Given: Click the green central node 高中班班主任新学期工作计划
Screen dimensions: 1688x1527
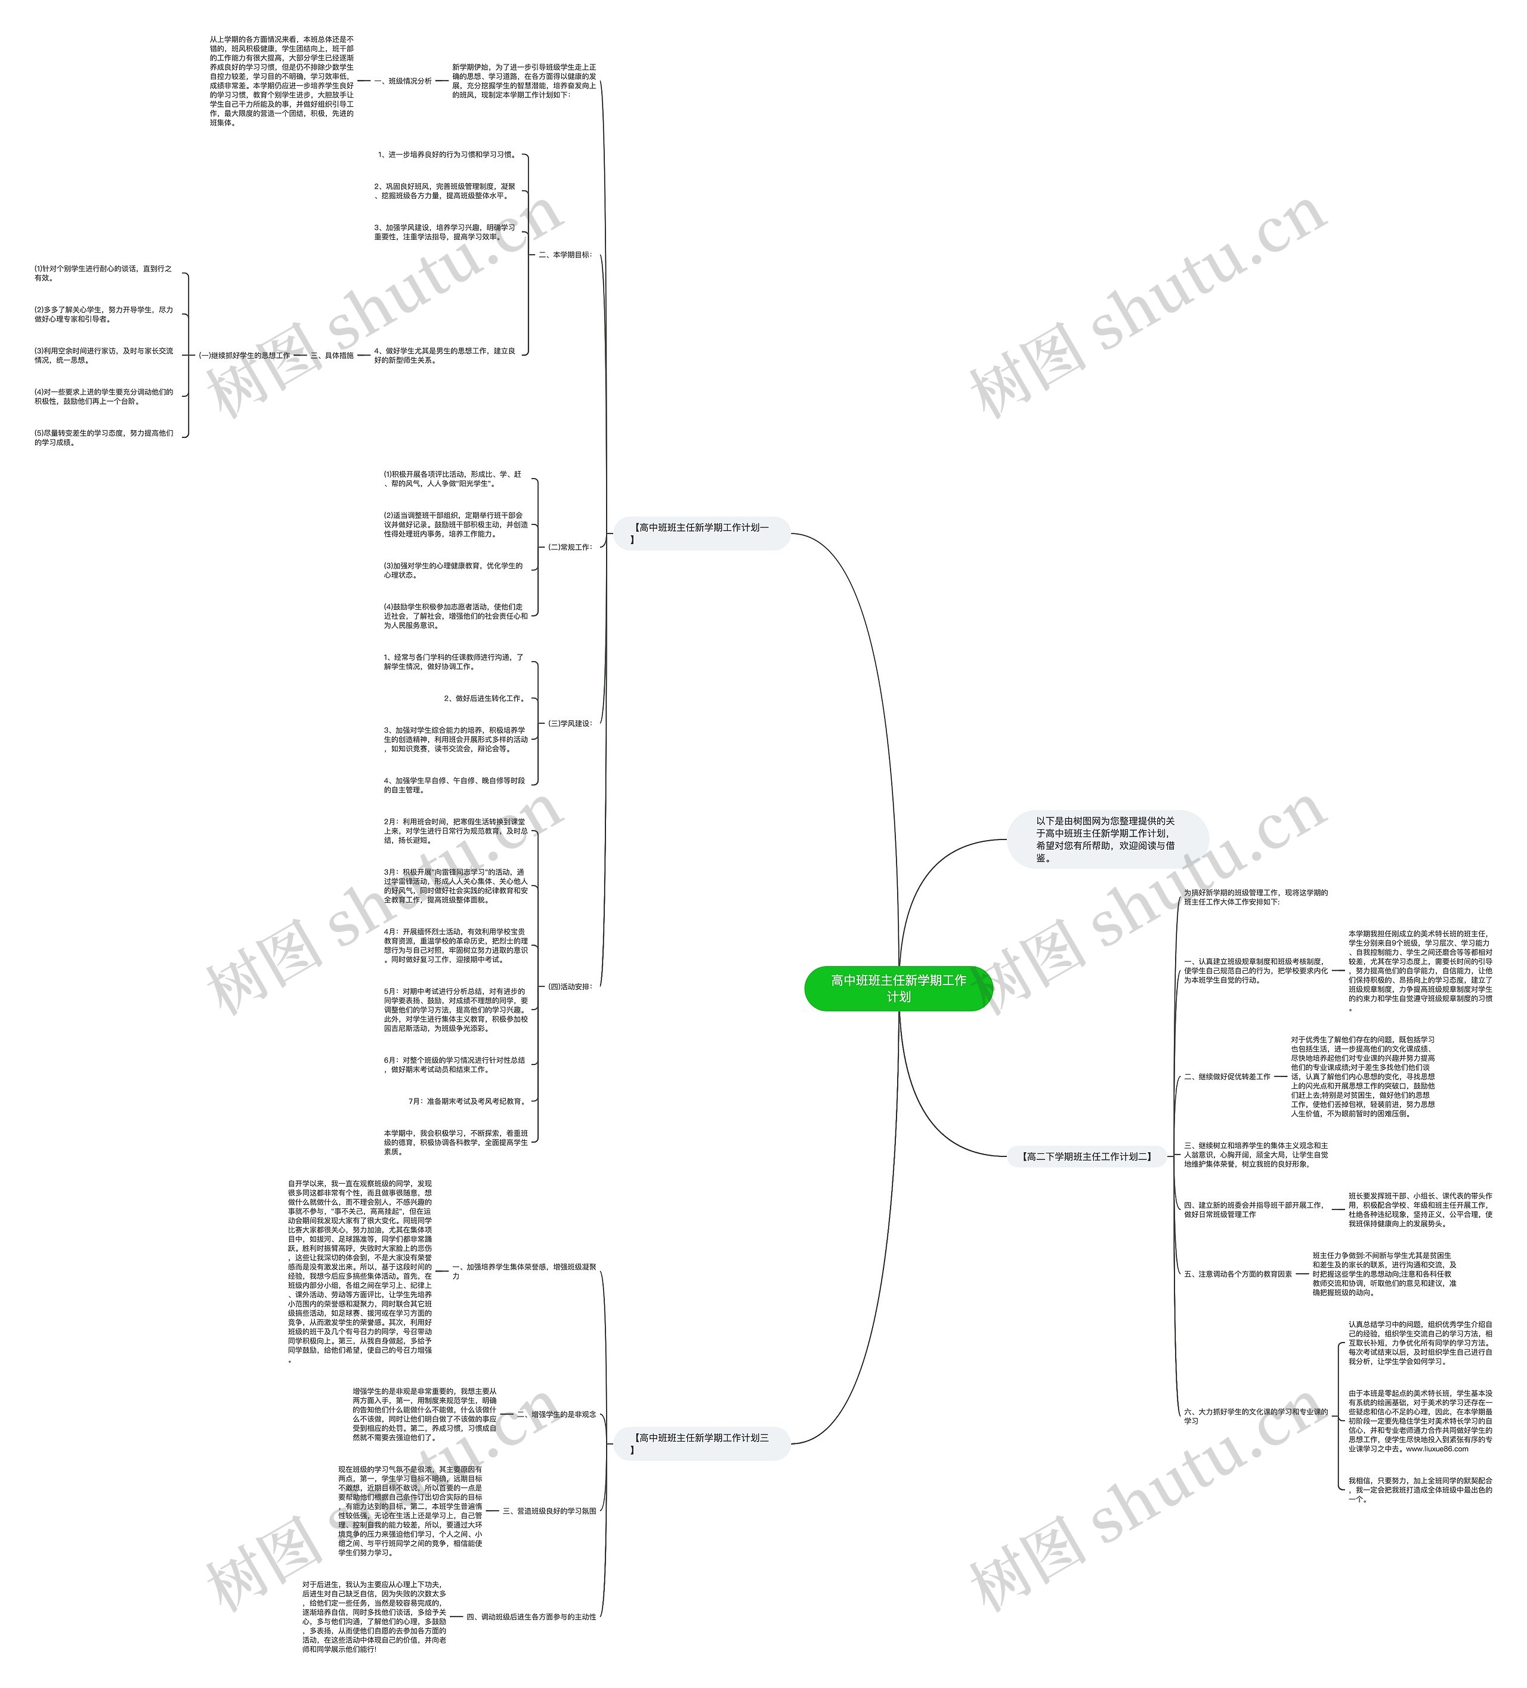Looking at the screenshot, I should coord(898,988).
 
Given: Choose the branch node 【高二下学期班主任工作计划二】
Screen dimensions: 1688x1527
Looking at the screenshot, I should coord(1087,1156).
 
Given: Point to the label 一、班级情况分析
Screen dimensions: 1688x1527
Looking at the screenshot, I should coord(403,81).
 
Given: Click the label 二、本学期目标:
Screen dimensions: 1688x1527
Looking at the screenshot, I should coord(564,255).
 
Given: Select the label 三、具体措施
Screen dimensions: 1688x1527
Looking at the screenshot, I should coord(332,355).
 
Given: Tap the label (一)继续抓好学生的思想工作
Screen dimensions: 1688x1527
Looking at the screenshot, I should coord(243,355).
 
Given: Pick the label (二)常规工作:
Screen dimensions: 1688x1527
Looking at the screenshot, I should coord(569,547).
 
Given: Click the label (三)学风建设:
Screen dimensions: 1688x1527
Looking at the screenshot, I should coord(569,723).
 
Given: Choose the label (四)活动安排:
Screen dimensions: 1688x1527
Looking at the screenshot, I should coord(569,986).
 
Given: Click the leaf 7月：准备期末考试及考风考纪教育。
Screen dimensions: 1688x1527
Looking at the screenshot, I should coord(467,1101).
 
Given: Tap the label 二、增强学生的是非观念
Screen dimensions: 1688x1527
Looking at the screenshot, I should coord(556,1414).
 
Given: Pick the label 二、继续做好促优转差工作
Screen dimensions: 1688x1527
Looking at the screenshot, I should coord(1226,1077).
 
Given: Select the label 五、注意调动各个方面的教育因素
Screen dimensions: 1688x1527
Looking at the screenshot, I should coord(1237,1273).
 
